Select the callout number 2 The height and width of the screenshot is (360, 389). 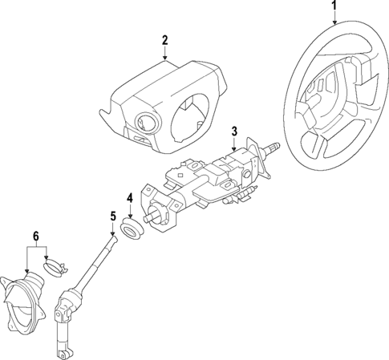[164, 40]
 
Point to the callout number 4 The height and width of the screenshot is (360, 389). [129, 198]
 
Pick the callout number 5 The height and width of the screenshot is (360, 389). [113, 215]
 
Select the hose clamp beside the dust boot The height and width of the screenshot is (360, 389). [54, 265]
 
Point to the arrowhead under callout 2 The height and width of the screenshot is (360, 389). [164, 59]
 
